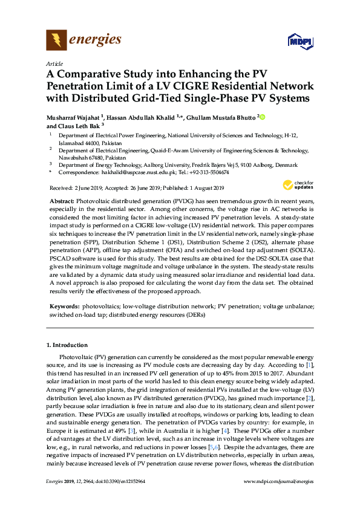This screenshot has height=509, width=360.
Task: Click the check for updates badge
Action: click(296, 184)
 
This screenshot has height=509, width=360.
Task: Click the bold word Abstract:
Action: click(62, 200)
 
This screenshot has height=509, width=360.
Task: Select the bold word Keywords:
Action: click(64, 306)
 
